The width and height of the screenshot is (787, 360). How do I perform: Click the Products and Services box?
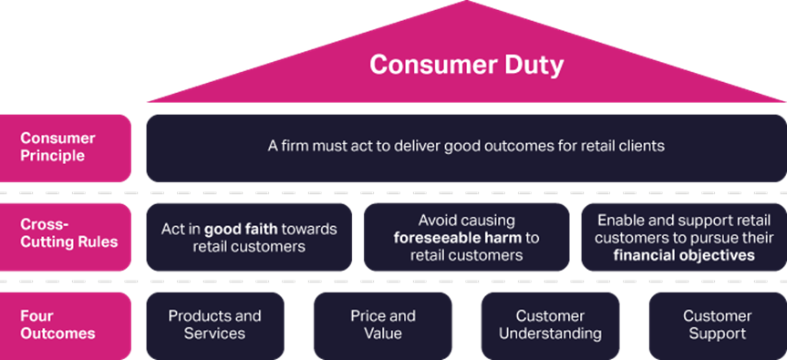coord(214,325)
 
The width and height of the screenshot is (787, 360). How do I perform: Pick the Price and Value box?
coord(382,325)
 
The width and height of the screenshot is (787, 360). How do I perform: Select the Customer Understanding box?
coord(550,325)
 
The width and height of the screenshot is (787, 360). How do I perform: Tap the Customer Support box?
coord(717,325)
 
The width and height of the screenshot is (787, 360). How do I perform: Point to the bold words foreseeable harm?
coord(450,238)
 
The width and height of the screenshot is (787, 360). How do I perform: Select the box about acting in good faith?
coord(248,237)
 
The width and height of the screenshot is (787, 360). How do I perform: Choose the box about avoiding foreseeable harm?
coord(466,237)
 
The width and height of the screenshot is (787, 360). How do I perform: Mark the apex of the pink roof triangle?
coord(466,3)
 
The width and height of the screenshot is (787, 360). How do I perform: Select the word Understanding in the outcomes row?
coord(550,334)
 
